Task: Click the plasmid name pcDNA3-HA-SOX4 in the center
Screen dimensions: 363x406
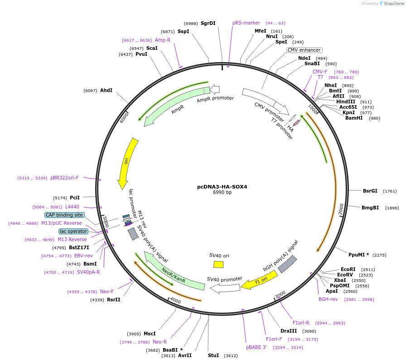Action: (222, 186)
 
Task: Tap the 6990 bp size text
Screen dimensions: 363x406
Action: (222, 192)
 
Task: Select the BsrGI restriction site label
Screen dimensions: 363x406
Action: (370, 191)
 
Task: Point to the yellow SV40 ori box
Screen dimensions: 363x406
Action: (218, 264)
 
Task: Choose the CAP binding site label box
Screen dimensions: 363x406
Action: (64, 215)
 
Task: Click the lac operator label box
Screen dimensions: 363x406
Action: (73, 231)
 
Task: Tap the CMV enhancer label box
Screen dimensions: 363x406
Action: (304, 50)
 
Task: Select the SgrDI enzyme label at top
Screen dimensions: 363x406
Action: (208, 23)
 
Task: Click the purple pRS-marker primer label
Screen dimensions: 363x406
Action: (246, 23)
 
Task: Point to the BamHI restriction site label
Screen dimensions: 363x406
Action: (354, 118)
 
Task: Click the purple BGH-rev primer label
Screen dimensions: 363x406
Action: (328, 299)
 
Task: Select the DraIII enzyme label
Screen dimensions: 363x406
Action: (289, 331)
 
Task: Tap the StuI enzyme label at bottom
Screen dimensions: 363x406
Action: (213, 355)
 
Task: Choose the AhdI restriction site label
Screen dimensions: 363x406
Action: (106, 90)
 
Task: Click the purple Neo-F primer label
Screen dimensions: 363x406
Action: (107, 291)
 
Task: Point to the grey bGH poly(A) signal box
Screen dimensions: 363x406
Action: (287, 264)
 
